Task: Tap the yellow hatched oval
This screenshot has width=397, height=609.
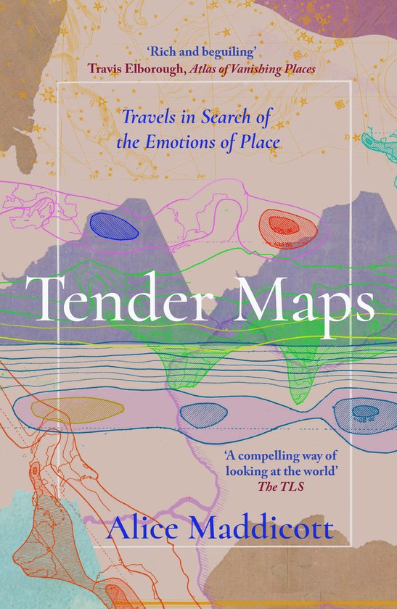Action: (62, 407)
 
